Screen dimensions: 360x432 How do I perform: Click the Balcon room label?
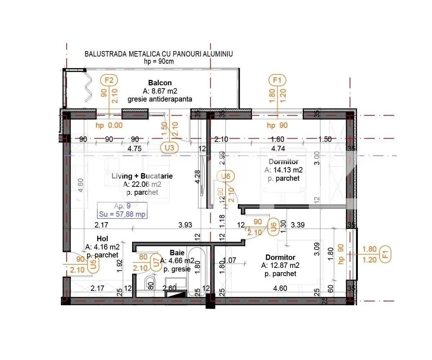click(x=160, y=83)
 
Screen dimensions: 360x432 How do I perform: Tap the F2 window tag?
click(x=109, y=80)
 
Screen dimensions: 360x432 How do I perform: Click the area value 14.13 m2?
click(x=284, y=170)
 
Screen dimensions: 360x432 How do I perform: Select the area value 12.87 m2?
click(x=281, y=266)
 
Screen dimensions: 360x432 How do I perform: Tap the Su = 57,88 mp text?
click(x=122, y=215)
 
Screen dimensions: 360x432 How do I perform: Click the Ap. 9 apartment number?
click(x=122, y=207)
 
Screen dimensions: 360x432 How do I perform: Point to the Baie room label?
click(x=177, y=253)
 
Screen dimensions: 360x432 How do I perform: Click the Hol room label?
click(x=102, y=239)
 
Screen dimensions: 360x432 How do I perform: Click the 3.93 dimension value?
click(x=185, y=225)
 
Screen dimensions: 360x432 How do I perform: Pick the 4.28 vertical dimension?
click(x=197, y=177)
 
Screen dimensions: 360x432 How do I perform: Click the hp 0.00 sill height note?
click(x=109, y=125)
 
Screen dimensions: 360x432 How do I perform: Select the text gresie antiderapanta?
click(x=160, y=99)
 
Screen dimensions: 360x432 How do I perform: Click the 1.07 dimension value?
click(x=229, y=260)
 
